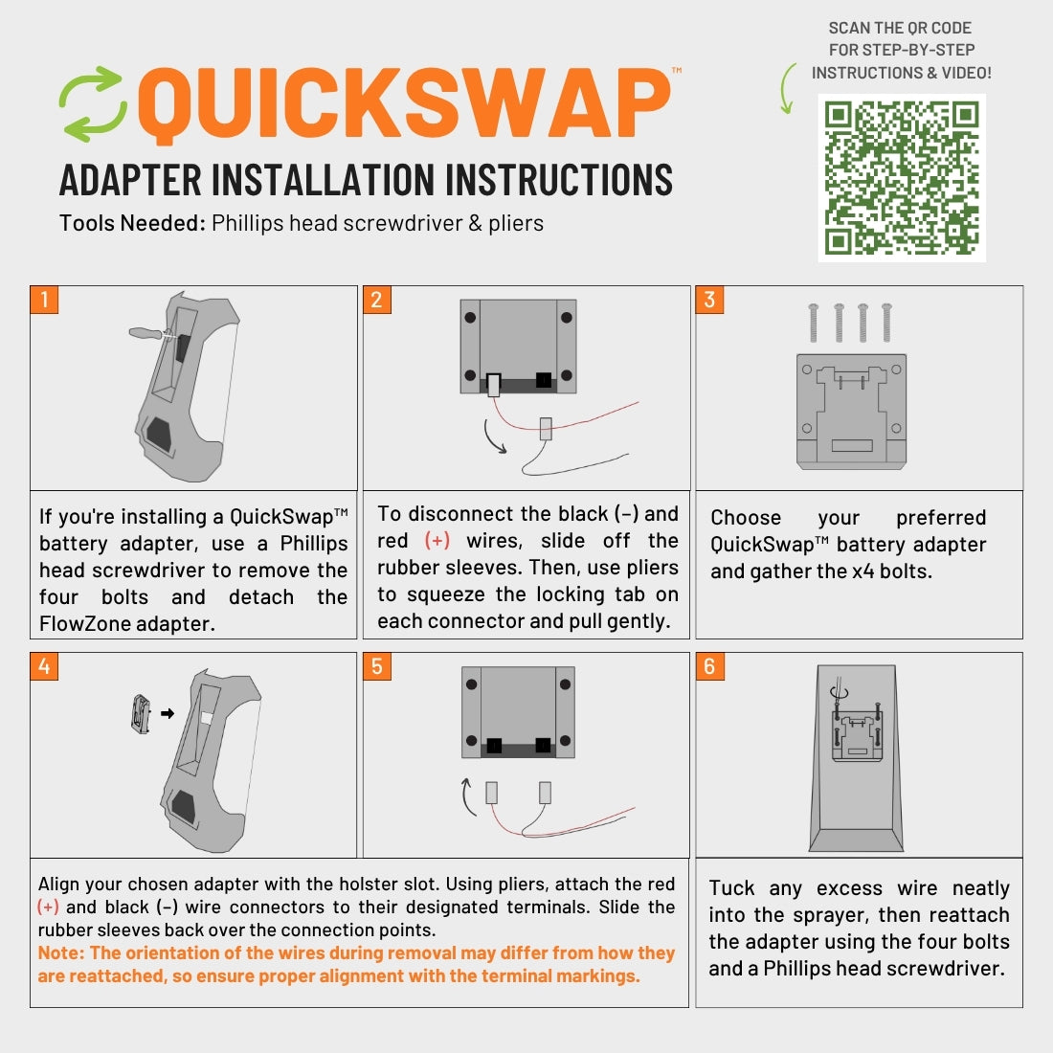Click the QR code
point(901,178)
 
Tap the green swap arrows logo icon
point(92,104)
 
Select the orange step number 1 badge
point(44,300)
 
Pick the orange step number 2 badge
point(376,300)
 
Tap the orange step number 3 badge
point(709,300)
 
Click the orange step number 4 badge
point(44,665)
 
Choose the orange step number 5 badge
point(376,665)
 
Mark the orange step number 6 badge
point(709,665)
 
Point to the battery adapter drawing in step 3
point(851,412)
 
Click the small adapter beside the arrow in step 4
point(141,714)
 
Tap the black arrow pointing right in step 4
point(167,713)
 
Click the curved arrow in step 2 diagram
point(494,437)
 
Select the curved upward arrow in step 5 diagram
point(468,796)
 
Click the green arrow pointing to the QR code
point(788,89)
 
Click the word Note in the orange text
point(59,953)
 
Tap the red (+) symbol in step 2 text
point(437,541)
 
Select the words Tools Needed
point(132,224)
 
